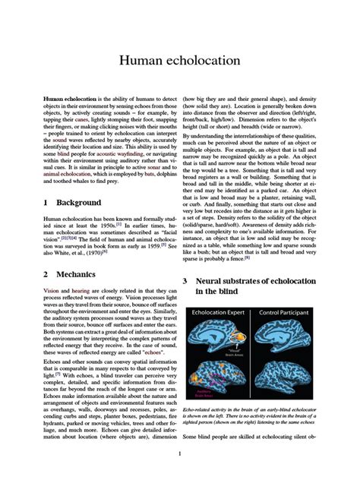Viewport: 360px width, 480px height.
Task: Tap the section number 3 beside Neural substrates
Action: click(x=185, y=281)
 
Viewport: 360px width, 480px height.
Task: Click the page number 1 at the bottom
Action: click(x=179, y=454)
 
